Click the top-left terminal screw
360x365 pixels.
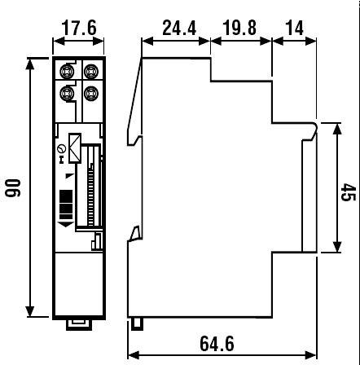[x=67, y=69]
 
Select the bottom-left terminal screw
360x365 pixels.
[x=67, y=92]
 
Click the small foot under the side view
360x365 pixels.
[x=138, y=323]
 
